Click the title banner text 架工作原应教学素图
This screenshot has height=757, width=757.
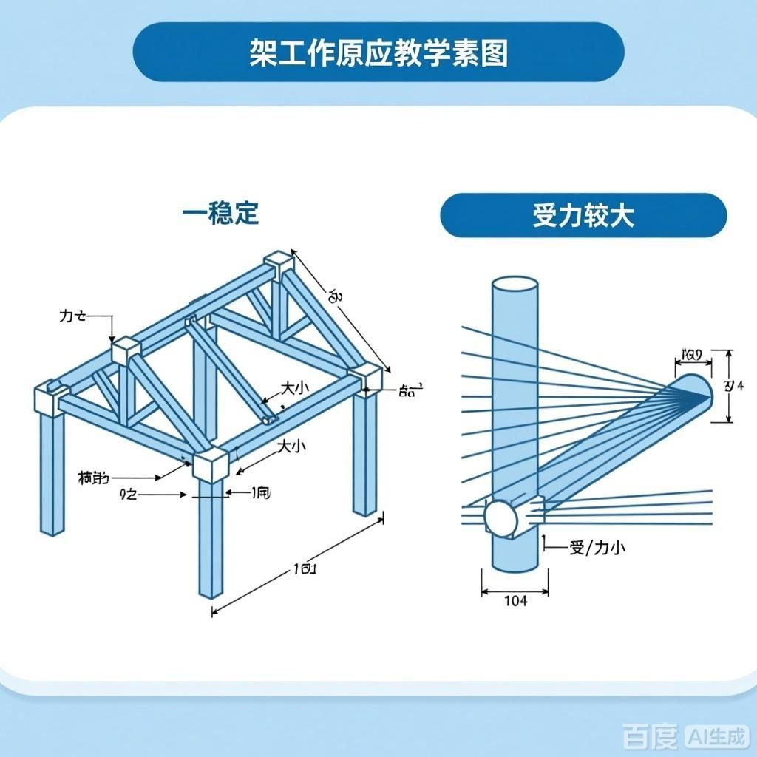(378, 53)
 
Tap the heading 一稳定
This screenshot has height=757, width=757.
(221, 214)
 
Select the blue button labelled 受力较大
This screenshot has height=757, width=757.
(583, 216)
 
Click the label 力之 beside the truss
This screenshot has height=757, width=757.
(72, 316)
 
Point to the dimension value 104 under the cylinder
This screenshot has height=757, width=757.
(515, 600)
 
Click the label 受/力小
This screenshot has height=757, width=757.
(597, 548)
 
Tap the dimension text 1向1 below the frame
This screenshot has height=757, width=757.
(305, 568)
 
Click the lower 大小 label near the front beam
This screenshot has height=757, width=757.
(291, 447)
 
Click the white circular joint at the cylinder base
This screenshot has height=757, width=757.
(502, 517)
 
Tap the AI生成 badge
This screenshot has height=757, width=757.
(716, 736)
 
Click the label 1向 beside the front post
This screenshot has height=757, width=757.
(260, 492)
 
